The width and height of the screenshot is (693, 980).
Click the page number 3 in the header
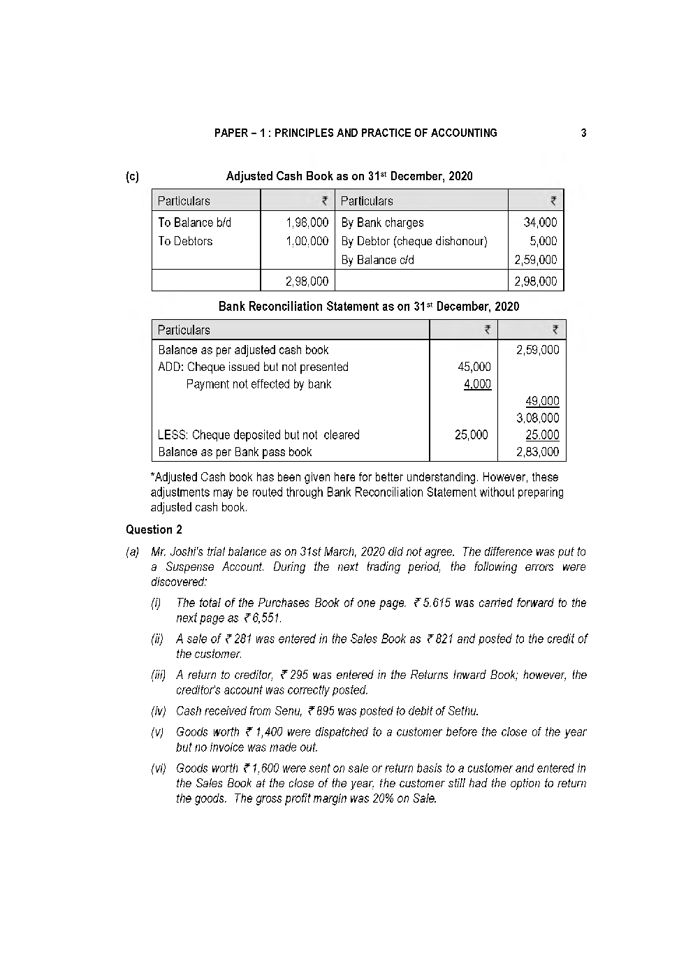[583, 133]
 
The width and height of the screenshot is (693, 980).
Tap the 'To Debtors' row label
[185, 241]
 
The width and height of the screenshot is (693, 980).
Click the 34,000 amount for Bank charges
[540, 222]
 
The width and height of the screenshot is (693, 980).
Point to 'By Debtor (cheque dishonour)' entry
[414, 241]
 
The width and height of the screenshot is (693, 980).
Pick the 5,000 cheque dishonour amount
[544, 241]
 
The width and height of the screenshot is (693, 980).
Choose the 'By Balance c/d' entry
[377, 260]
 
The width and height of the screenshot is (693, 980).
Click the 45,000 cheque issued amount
[474, 367]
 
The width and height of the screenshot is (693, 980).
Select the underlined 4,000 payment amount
[477, 383]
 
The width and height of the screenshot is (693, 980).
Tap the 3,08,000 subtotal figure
[537, 418]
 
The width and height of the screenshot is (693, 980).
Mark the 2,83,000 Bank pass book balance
[537, 452]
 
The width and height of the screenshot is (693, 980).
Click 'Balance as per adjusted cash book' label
[243, 350]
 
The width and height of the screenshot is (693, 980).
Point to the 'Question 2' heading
[154, 529]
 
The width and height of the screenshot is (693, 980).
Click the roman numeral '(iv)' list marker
[159, 711]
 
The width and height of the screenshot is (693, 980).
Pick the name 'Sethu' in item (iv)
[462, 711]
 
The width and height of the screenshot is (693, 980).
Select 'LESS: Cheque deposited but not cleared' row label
[258, 435]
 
